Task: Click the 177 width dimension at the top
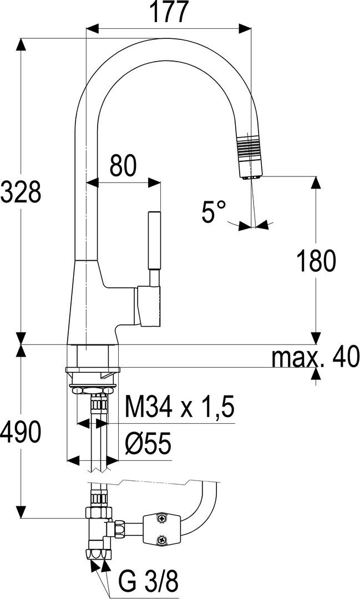click(169, 12)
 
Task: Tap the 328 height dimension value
click(21, 191)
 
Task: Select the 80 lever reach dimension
click(123, 166)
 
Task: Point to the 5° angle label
click(214, 211)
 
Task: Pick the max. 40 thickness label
click(316, 357)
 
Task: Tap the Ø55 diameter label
click(148, 444)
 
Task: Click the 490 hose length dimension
click(21, 433)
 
